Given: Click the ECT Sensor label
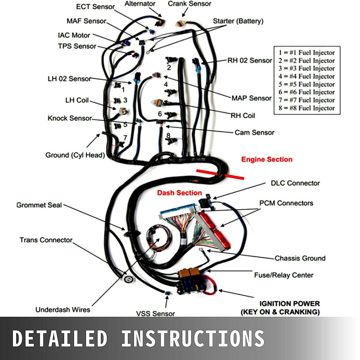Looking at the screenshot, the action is click(95, 7).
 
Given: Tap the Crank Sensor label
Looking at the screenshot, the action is click(189, 4).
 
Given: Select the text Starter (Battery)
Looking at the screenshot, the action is click(238, 21).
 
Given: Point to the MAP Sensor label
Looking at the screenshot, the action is click(251, 98).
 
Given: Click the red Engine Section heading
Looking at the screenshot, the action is click(267, 159).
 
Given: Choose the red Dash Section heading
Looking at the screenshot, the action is click(179, 193).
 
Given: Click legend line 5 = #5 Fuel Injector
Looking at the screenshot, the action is click(307, 84).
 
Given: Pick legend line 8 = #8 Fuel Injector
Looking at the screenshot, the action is click(307, 108).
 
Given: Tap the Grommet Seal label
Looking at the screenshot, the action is click(39, 205).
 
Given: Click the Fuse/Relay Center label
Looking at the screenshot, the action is click(283, 275).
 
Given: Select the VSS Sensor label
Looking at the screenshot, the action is click(155, 314).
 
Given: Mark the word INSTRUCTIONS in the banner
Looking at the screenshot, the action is click(193, 338).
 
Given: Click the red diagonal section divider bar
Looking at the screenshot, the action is click(220, 175).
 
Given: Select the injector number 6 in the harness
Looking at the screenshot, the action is click(160, 114).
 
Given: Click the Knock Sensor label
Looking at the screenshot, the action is click(70, 118).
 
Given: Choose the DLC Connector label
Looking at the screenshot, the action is click(295, 183).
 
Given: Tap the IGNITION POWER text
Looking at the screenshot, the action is click(290, 304).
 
